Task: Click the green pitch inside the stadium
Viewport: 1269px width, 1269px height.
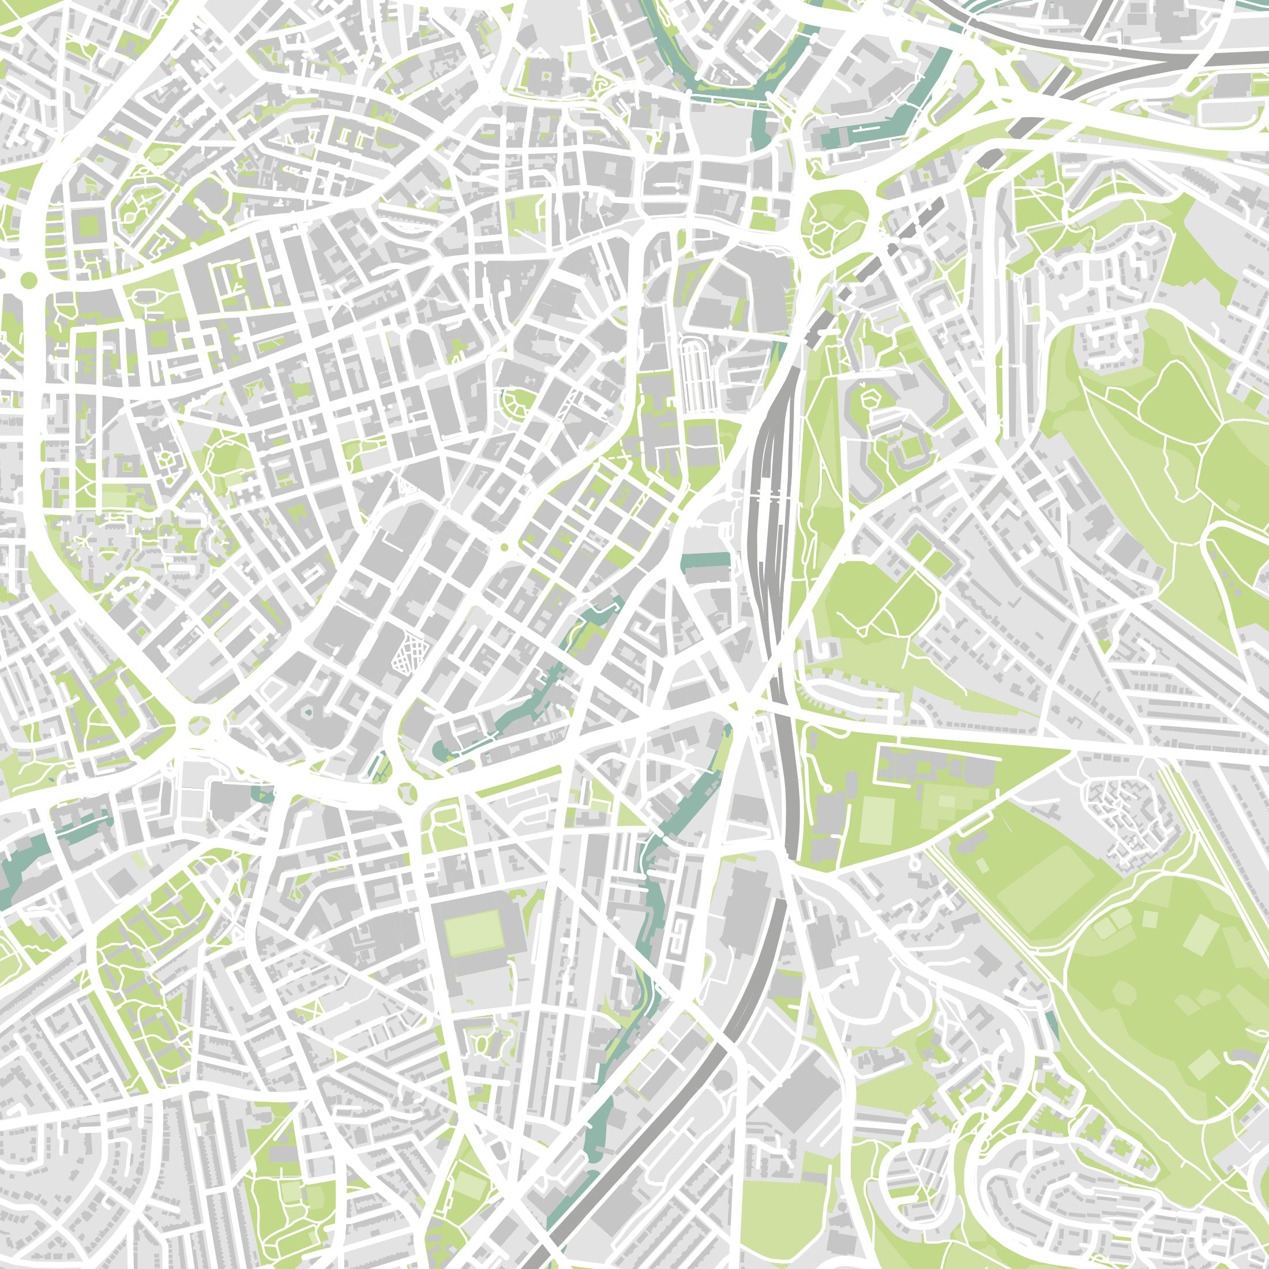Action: point(472,934)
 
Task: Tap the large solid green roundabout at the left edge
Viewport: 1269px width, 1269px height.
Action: point(28,280)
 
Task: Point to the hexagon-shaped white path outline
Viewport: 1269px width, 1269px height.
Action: point(870,398)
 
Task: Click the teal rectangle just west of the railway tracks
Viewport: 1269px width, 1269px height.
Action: point(706,562)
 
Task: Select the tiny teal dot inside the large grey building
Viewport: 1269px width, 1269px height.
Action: point(309,711)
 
